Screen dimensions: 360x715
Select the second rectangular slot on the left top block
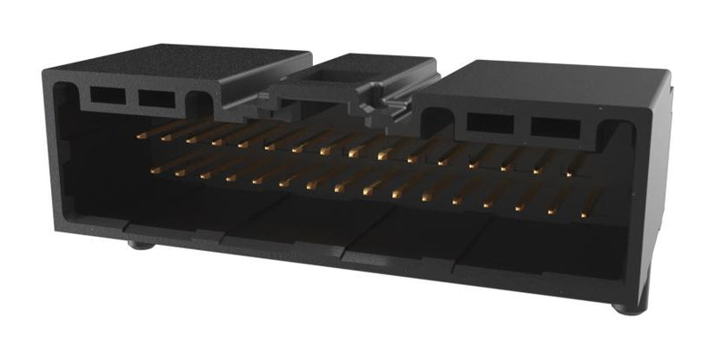[156, 96]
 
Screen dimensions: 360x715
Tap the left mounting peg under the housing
[137, 243]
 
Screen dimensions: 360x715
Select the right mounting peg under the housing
[626, 309]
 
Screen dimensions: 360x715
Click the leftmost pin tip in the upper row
[140, 137]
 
